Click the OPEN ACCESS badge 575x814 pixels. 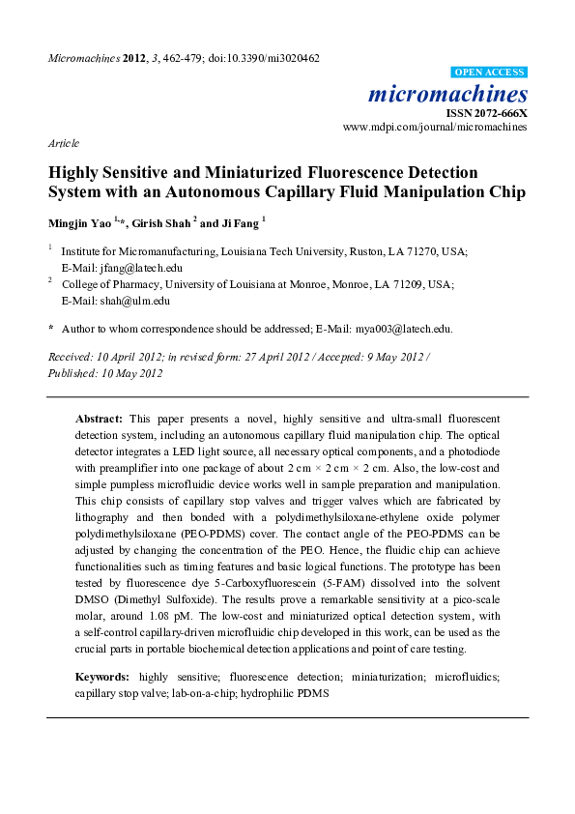490,73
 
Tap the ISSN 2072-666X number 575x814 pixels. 493,112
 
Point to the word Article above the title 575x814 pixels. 63,142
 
